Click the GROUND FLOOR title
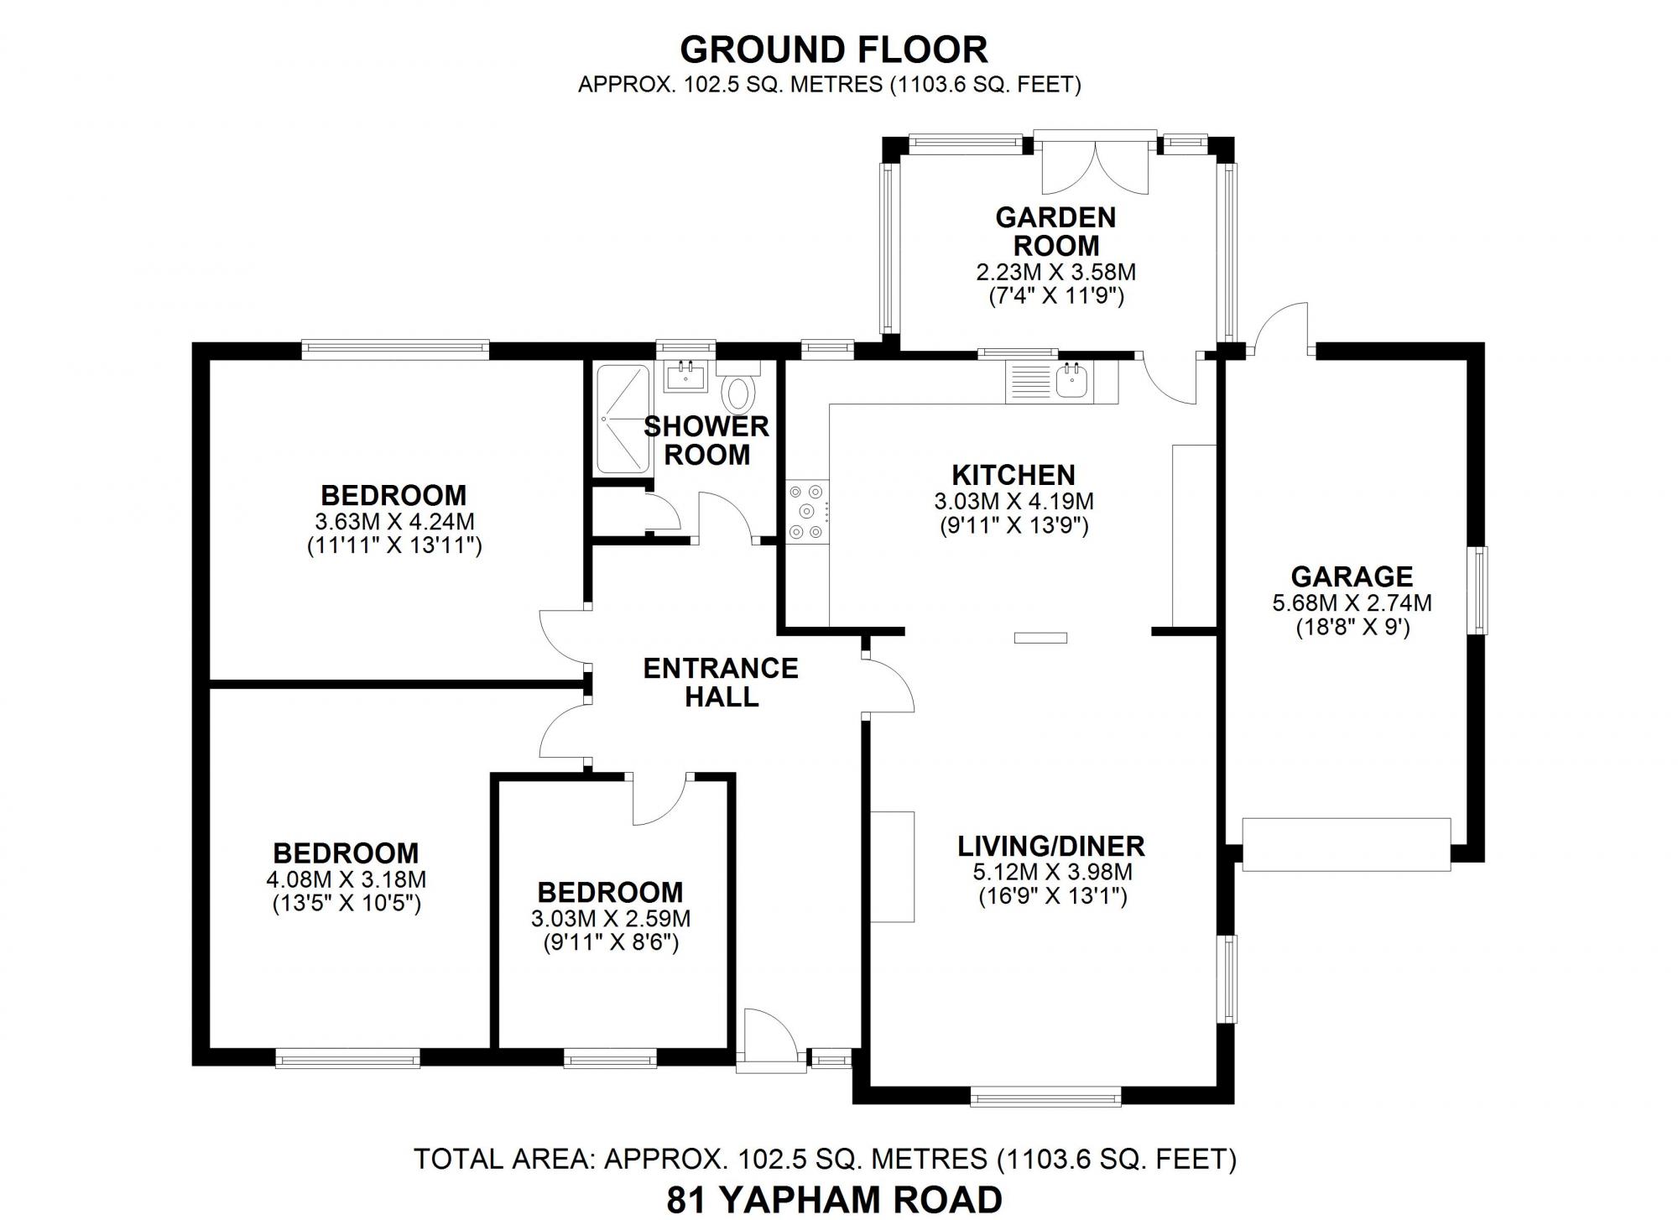(833, 50)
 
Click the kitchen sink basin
(1071, 382)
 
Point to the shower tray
(622, 419)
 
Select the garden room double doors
(1095, 164)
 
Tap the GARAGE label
(1351, 576)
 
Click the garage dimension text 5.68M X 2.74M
(1351, 602)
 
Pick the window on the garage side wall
(1480, 590)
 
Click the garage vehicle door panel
(1346, 844)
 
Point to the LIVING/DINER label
(1050, 846)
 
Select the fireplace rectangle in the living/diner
(892, 866)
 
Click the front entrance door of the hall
(769, 1040)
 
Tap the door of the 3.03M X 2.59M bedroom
(659, 800)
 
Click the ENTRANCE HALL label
(721, 681)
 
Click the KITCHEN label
(1013, 475)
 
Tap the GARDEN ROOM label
(1055, 232)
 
